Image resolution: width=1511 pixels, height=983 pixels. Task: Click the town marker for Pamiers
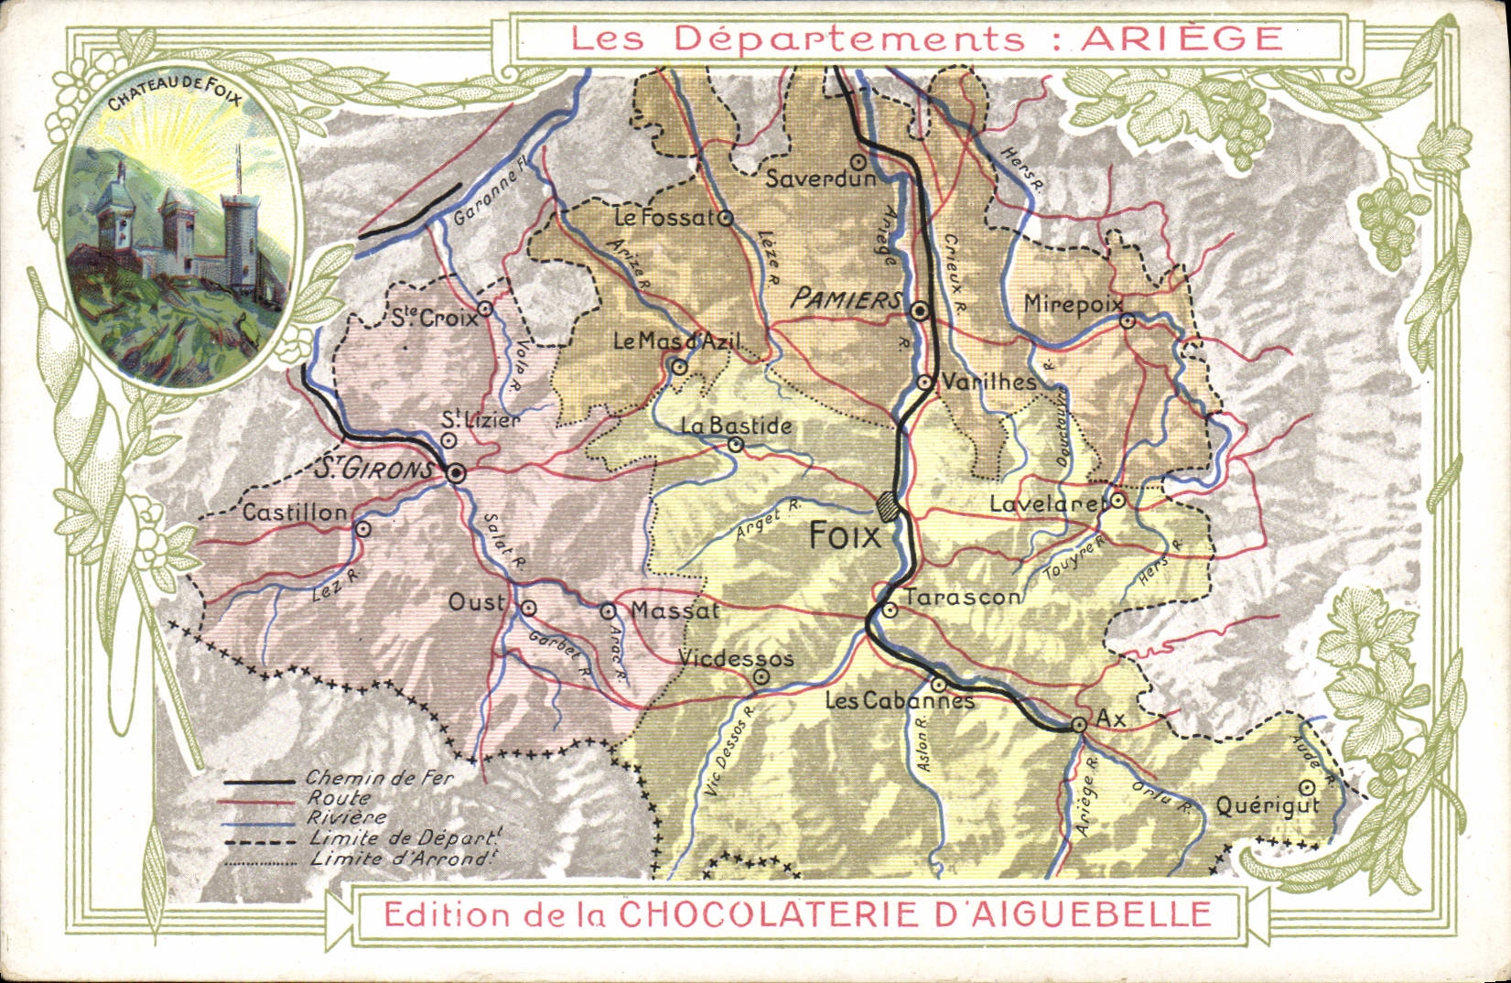(x=921, y=311)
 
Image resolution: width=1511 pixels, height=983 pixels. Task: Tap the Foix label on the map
(x=844, y=535)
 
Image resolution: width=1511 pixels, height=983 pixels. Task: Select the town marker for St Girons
(x=456, y=473)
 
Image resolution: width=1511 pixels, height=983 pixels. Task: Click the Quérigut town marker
(x=1308, y=786)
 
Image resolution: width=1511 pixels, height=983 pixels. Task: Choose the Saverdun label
(x=820, y=178)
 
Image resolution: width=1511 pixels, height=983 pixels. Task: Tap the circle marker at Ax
(x=1079, y=725)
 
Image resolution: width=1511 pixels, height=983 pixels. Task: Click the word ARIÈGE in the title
(x=1182, y=38)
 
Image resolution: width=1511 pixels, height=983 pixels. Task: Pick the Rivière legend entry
(x=347, y=817)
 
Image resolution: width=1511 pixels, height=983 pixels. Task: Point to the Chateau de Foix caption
(x=174, y=96)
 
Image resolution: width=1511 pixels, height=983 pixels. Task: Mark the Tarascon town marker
(x=889, y=610)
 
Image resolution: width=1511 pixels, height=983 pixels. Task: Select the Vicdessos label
(x=736, y=659)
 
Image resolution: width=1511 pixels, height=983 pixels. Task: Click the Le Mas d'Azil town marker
(x=679, y=367)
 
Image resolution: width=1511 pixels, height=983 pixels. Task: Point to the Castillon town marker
(x=362, y=528)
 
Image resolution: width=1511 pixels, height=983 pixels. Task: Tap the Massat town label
(x=675, y=610)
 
